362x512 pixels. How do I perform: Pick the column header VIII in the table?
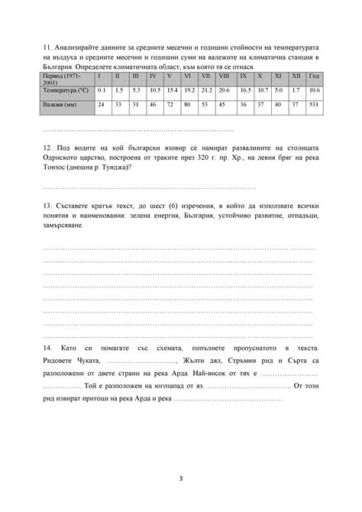point(224,77)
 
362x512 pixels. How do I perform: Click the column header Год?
point(314,77)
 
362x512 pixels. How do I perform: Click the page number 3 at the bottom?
point(181,479)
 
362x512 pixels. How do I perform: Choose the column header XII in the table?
point(296,77)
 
